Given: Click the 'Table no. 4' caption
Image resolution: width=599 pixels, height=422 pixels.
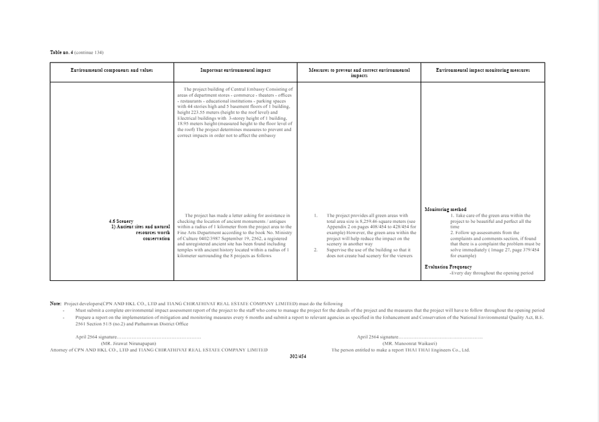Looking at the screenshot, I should pyautogui.click(x=62, y=52).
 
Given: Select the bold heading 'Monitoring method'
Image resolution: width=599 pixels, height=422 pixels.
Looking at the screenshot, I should pyautogui.click(x=445, y=210).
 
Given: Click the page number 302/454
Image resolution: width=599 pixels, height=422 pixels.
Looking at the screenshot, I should pyautogui.click(x=298, y=356).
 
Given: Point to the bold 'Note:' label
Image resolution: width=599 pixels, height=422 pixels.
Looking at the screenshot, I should pyautogui.click(x=56, y=303).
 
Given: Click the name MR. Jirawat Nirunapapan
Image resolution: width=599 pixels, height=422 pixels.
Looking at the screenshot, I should pyautogui.click(x=128, y=343).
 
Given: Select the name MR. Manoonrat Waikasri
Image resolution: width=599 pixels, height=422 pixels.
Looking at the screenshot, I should pyautogui.click(x=409, y=343).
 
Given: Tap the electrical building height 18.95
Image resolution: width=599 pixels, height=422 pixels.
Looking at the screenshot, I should pyautogui.click(x=185, y=124).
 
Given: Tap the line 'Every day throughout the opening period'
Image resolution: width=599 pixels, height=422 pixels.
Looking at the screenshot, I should pyautogui.click(x=492, y=273).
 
